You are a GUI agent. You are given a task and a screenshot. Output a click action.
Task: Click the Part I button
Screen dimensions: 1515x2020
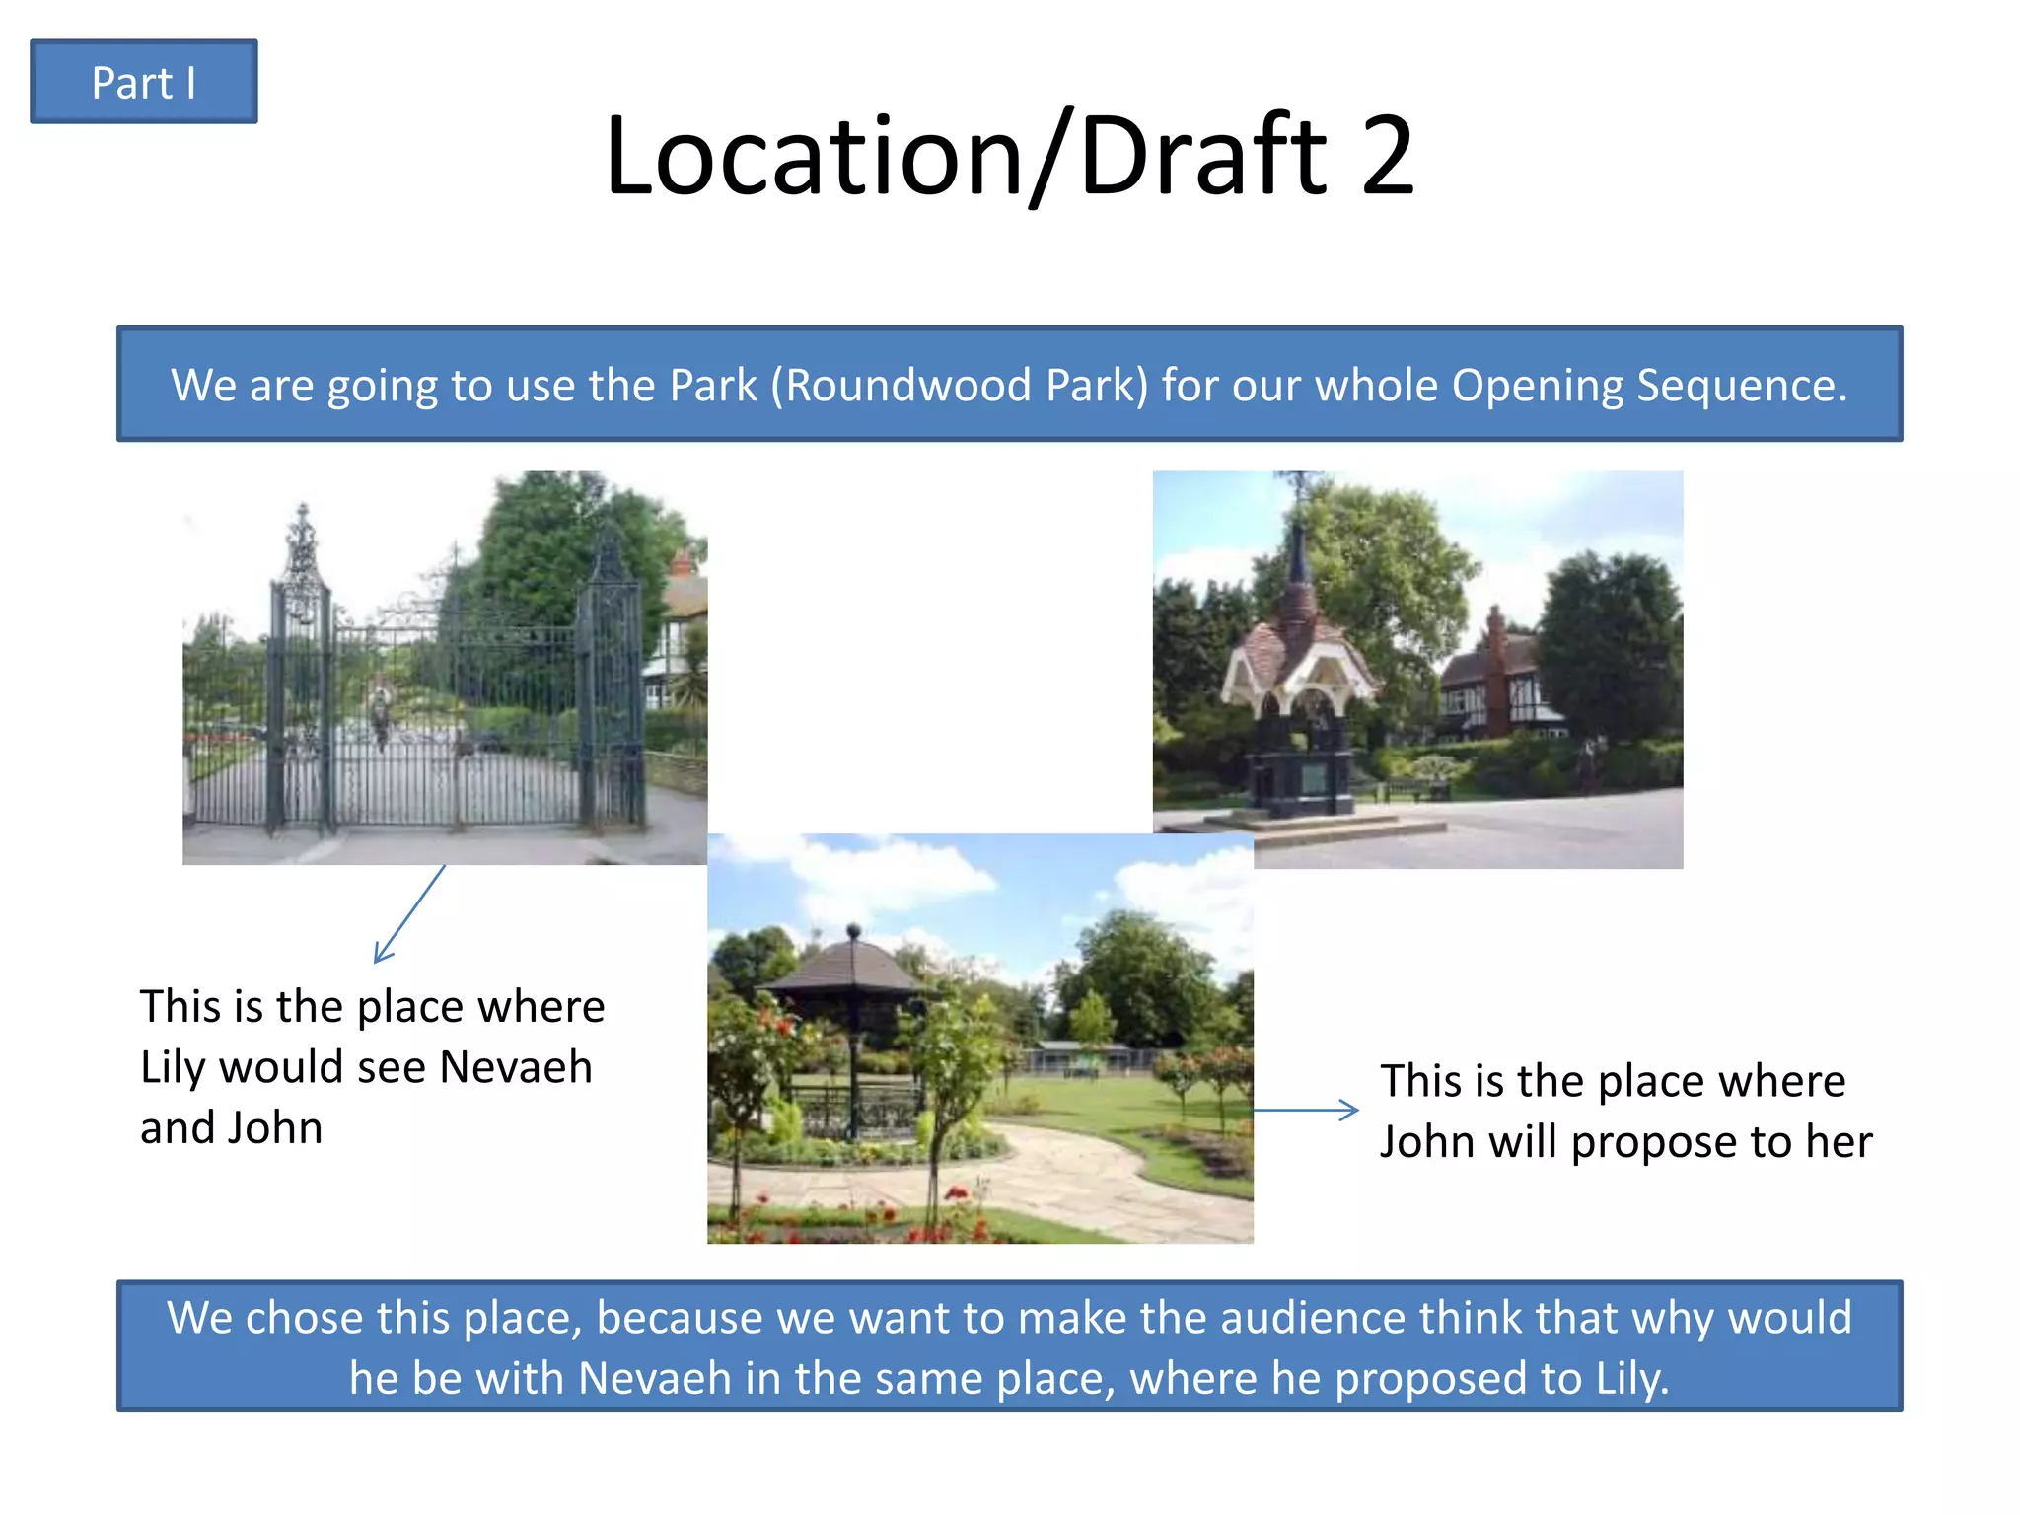tap(144, 82)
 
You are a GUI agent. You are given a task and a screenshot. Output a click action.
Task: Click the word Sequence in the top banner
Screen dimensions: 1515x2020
tap(1741, 385)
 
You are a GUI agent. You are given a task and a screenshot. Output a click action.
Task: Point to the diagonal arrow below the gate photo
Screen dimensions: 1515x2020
tap(409, 914)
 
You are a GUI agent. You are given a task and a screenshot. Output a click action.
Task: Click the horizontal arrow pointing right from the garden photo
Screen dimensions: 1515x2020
tap(1306, 1110)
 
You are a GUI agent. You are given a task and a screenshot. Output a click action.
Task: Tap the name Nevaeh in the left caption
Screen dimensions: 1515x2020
tap(515, 1067)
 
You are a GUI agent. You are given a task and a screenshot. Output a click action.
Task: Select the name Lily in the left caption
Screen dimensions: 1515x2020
tap(173, 1067)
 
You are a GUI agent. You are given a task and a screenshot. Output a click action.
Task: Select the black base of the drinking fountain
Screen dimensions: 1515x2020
tap(1299, 779)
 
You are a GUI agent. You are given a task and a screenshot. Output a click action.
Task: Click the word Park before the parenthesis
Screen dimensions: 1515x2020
tap(712, 385)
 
